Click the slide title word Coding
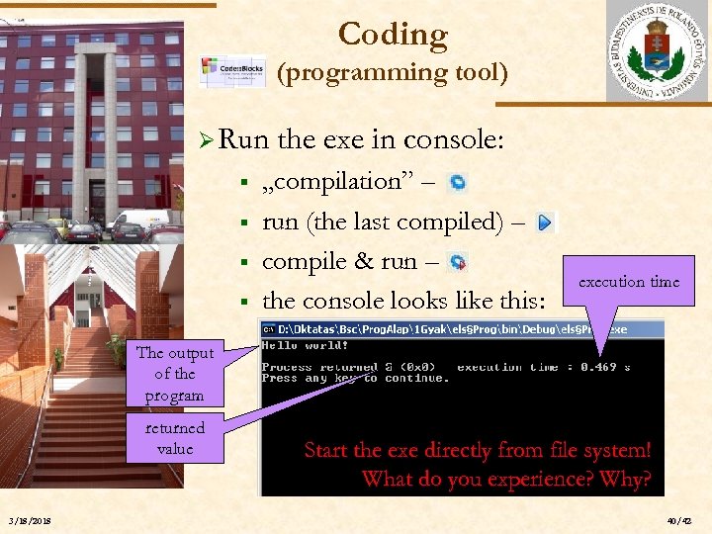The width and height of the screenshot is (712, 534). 393,35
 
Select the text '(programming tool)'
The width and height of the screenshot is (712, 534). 392,72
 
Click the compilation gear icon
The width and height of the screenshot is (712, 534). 458,183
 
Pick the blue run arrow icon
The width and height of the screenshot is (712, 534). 545,223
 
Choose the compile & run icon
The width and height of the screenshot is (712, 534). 458,263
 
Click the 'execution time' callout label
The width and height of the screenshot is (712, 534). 629,282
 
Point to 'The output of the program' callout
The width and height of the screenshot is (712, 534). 175,374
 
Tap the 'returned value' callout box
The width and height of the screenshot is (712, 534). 175,438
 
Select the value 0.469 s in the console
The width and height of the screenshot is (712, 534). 605,367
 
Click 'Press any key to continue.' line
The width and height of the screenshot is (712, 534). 354,378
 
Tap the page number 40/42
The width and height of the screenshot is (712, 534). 680,521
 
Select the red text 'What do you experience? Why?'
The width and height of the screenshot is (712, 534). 506,480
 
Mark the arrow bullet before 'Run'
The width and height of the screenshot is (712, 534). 204,140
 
